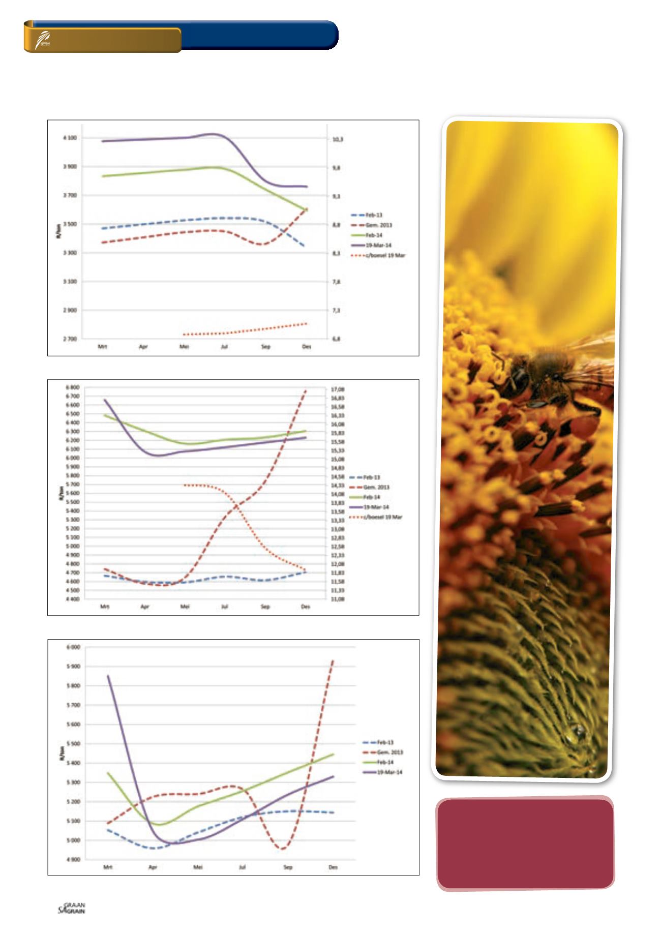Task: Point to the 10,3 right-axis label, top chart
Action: tap(338, 139)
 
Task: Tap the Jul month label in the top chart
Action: tap(224, 347)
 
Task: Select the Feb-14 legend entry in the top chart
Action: tap(374, 235)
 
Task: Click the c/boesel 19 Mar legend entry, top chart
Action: tap(385, 255)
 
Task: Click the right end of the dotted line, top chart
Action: tap(307, 323)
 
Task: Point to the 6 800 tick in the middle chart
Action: tap(72, 388)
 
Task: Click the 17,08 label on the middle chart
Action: tap(338, 389)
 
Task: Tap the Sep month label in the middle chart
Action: tap(265, 607)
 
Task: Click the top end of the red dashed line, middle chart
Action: tap(306, 390)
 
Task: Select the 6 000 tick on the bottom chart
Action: tap(73, 647)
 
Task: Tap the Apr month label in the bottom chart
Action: tap(153, 867)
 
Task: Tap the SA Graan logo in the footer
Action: tap(72, 908)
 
